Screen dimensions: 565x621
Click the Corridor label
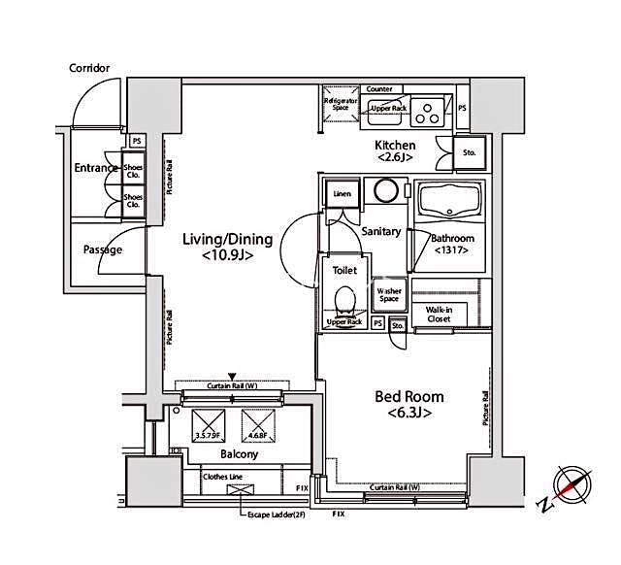tap(89, 68)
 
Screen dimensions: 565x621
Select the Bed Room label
tap(409, 405)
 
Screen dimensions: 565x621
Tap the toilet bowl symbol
tap(344, 297)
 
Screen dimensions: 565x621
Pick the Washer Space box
tap(389, 294)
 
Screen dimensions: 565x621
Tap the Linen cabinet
tap(341, 194)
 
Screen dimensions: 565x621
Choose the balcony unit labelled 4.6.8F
tap(255, 422)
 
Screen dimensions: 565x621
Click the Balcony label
tap(238, 454)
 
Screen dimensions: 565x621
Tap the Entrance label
tap(95, 168)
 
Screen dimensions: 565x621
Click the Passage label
tap(103, 249)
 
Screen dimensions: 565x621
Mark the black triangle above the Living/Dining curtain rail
tap(231, 376)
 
